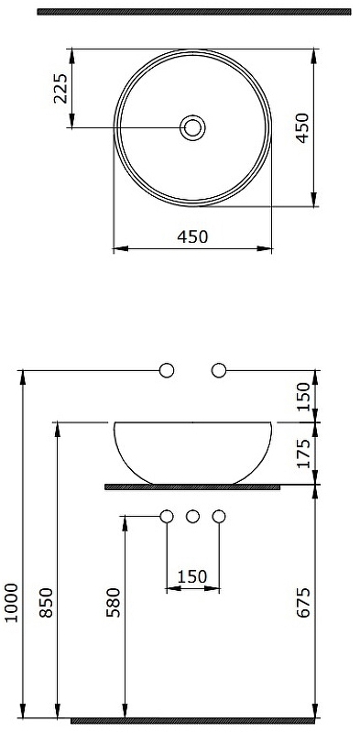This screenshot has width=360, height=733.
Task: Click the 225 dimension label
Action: pyautogui.click(x=60, y=88)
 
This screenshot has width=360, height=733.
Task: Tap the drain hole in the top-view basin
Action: pyautogui.click(x=192, y=127)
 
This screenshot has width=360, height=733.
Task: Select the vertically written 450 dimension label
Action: pyautogui.click(x=302, y=127)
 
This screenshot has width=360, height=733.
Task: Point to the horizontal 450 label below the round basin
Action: pyautogui.click(x=192, y=236)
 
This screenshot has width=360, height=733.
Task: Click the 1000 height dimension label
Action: pyautogui.click(x=11, y=602)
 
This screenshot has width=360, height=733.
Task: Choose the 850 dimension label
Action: pyautogui.click(x=46, y=603)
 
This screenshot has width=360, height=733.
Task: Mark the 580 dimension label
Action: pyautogui.click(x=114, y=603)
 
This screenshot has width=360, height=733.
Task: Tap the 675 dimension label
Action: pyautogui.click(x=303, y=603)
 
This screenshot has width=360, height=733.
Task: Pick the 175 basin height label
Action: pyautogui.click(x=303, y=453)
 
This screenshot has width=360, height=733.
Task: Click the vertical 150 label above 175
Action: pyautogui.click(x=303, y=397)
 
